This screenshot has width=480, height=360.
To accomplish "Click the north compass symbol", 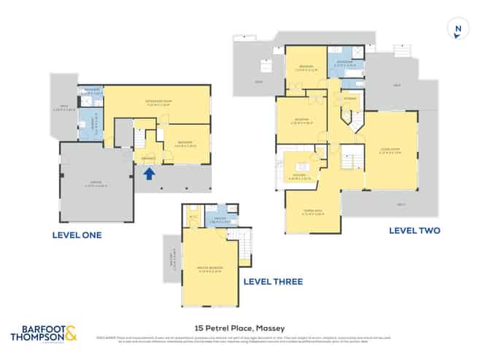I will coord(457,30).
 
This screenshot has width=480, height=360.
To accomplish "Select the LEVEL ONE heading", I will coord(77,235).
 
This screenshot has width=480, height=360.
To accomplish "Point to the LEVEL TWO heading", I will coord(414,231).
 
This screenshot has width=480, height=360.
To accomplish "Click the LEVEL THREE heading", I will coord(272,281).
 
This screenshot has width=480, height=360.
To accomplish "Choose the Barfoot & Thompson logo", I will coord(42,334).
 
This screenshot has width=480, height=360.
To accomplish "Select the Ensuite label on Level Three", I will coord(220,220).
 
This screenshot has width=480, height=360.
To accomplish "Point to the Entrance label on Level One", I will coord(148,158).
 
